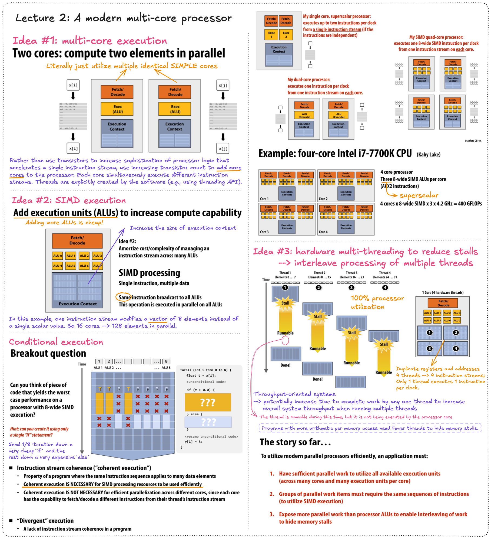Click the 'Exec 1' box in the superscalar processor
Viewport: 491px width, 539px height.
click(x=271, y=35)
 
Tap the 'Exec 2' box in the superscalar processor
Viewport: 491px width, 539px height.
click(x=286, y=35)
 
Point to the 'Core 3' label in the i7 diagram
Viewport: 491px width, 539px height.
click(x=264, y=232)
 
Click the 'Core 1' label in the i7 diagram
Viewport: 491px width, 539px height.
click(x=264, y=199)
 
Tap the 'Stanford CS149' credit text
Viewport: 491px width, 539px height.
click(x=473, y=141)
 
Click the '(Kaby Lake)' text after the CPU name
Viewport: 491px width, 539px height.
click(x=429, y=155)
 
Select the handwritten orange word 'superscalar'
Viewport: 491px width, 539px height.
click(x=419, y=195)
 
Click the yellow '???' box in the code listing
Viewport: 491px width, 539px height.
click(x=208, y=402)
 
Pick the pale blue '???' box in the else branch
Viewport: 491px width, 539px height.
click(x=208, y=422)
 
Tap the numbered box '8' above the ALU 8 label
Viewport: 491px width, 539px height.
click(x=166, y=361)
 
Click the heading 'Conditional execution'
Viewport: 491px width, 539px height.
click(x=56, y=342)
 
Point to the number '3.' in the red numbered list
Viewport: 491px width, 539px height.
click(x=272, y=514)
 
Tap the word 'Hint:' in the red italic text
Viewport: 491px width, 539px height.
click(x=15, y=429)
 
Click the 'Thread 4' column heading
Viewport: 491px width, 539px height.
click(x=385, y=273)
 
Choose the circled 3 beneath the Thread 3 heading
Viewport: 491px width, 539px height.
click(x=351, y=288)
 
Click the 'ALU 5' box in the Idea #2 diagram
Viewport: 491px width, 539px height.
click(x=71, y=266)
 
